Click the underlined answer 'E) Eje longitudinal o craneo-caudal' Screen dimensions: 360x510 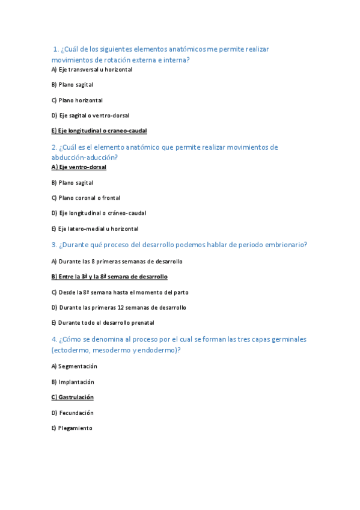pos(99,131)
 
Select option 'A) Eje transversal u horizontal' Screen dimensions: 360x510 pos(92,70)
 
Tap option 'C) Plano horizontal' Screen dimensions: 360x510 pos(77,100)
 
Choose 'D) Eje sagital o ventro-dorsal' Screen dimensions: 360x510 pos(90,115)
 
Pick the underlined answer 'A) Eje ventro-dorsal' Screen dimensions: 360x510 pos(79,167)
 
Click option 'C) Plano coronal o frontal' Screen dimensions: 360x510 pos(86,198)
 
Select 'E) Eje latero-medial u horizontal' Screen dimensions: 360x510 pos(95,229)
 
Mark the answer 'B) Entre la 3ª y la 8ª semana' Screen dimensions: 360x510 pos(109,277)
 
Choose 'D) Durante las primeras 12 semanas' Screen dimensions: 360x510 pos(119,307)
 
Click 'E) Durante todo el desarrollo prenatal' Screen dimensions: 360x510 pos(103,323)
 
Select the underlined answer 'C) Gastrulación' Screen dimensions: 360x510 pos(73,398)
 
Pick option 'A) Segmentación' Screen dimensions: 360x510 pos(75,366)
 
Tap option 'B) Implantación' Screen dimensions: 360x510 pos(73,382)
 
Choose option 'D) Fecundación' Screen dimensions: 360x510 pos(72,413)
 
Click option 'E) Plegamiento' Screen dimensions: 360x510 pos(72,428)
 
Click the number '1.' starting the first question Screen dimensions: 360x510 pos(56,49)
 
